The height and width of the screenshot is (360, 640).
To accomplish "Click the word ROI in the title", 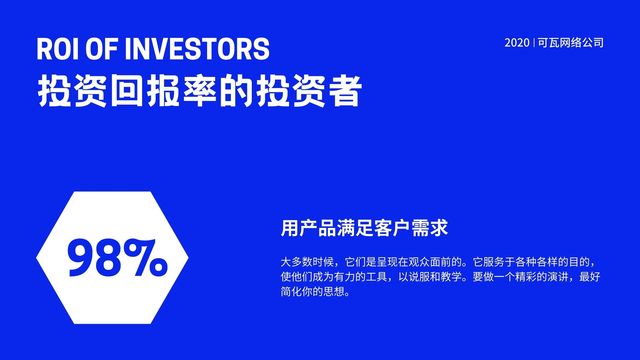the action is [58, 49].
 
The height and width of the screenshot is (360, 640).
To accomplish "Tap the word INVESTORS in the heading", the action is [197, 49].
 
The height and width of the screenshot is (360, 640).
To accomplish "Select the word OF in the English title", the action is [102, 49].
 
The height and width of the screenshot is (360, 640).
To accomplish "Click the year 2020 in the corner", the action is [517, 43].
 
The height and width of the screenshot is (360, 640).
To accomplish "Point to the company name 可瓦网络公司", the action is [571, 43].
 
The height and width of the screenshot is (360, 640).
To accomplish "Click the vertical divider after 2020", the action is [534, 43].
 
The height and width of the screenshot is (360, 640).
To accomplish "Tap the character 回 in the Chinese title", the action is [127, 90].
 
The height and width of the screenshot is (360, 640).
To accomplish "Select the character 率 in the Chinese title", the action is [200, 90].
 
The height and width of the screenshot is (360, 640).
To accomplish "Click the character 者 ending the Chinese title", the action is [345, 90].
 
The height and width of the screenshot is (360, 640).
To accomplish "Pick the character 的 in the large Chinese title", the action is [236, 90].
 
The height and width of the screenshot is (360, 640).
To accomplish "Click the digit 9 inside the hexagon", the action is [81, 258].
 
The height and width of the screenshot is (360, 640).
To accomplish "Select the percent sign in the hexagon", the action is [146, 258].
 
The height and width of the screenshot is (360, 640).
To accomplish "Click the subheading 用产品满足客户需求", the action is [364, 228].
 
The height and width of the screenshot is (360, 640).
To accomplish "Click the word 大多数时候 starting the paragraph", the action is [307, 262].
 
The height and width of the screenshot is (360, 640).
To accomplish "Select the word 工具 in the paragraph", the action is [377, 276].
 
